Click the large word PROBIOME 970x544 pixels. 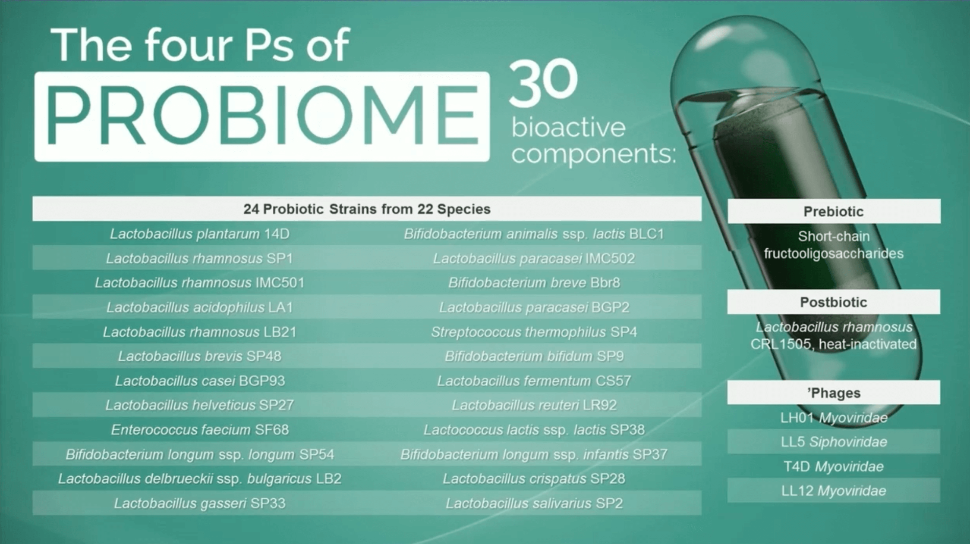tap(262, 116)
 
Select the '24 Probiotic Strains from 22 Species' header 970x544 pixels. tap(367, 209)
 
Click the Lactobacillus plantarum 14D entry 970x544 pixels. tap(199, 234)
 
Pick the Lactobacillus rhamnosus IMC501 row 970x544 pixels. tap(199, 282)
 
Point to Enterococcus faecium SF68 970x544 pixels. tap(199, 429)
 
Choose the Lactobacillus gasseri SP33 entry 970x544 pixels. tap(199, 503)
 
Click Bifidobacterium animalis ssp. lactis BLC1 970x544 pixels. tap(534, 234)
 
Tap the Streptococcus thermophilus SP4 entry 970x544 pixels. tap(534, 332)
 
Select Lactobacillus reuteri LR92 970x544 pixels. tap(534, 405)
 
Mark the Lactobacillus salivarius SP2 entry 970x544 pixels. tap(534, 503)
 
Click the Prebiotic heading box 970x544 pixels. tap(834, 211)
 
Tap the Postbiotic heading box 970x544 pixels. tap(834, 302)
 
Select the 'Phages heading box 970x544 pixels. tap(834, 392)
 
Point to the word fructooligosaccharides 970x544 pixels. tap(834, 253)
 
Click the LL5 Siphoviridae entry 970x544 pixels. tap(834, 442)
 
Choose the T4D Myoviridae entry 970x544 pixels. tap(834, 466)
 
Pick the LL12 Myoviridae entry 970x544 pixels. tap(834, 491)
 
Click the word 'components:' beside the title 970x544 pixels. tap(593, 154)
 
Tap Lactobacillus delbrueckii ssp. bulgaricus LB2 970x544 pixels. tap(199, 478)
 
